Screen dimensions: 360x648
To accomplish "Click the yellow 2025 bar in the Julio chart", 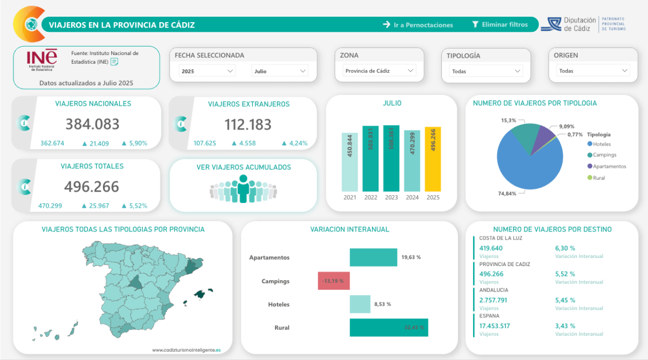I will coord(433,159).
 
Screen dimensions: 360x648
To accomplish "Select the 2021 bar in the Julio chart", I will coord(350,162).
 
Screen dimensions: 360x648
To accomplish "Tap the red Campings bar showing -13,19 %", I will coord(334,281).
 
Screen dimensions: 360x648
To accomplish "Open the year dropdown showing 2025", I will coord(207,71).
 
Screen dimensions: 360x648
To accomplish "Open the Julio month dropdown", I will coord(280,71).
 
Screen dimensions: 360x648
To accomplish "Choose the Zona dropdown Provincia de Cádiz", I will coord(380,71).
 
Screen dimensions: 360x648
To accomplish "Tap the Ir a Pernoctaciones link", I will coord(418,24).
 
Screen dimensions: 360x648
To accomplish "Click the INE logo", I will coord(42,59).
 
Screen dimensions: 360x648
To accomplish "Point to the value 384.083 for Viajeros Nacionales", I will coord(92,124).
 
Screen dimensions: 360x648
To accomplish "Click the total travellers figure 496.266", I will coord(91,186).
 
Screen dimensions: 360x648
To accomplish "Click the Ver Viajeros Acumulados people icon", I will coord(244,189).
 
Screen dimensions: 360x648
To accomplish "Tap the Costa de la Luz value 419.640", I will coord(491,248).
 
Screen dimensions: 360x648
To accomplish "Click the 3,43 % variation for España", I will coord(565,325).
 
